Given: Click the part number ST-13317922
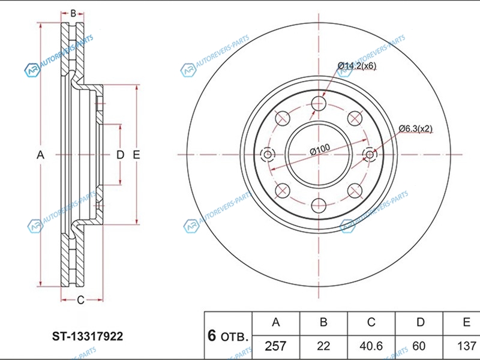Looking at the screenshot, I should (87, 337).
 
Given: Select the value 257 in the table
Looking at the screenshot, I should (276, 346).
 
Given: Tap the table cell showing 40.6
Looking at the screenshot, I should (371, 346).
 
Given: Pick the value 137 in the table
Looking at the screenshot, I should (466, 346).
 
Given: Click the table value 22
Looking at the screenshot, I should (323, 346).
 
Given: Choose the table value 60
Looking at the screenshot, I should (420, 346).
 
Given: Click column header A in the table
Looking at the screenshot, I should (276, 323).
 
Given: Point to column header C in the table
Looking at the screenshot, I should (371, 323).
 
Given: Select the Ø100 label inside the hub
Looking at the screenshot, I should (321, 148).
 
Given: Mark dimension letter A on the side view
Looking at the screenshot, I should (40, 155).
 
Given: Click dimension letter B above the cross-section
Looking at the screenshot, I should (73, 13).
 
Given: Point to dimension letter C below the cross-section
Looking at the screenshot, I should (80, 300).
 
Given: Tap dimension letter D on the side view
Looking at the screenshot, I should (120, 155).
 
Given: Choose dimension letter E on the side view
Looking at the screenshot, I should (136, 155).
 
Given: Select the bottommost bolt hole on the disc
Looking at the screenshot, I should (319, 206).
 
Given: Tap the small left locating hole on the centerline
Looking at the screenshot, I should (268, 155).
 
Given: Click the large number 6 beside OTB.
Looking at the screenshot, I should (211, 335).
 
